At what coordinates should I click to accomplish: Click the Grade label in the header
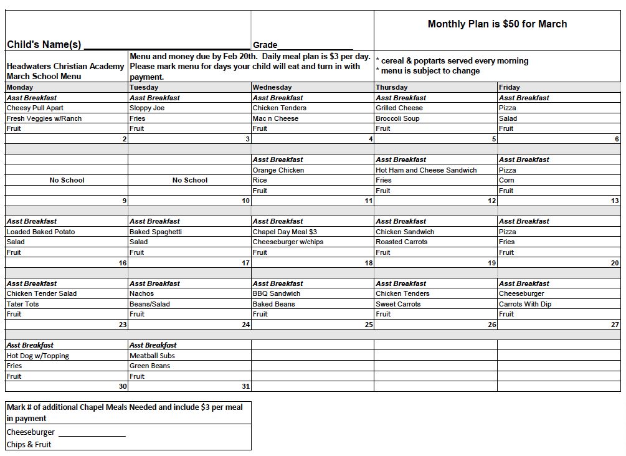point(265,45)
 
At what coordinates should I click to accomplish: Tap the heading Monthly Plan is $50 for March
point(497,24)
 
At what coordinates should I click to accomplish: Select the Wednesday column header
point(272,87)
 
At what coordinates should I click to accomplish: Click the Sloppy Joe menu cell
point(147,108)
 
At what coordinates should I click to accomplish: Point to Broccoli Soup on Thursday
point(397,118)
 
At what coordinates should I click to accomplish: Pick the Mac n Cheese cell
point(275,118)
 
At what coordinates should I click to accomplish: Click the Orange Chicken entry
point(278,170)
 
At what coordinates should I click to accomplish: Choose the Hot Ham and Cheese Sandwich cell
point(426,170)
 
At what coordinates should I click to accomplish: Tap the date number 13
point(615,201)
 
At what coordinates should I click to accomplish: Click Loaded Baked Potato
point(40,232)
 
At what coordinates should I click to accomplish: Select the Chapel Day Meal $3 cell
point(285,232)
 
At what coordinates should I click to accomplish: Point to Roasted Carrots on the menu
point(402,242)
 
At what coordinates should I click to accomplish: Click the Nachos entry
point(141,293)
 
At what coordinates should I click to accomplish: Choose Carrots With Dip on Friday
point(525,304)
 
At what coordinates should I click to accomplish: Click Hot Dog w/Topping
point(38,356)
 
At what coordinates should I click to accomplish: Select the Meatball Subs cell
point(152,356)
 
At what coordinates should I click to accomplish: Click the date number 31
point(245,386)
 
